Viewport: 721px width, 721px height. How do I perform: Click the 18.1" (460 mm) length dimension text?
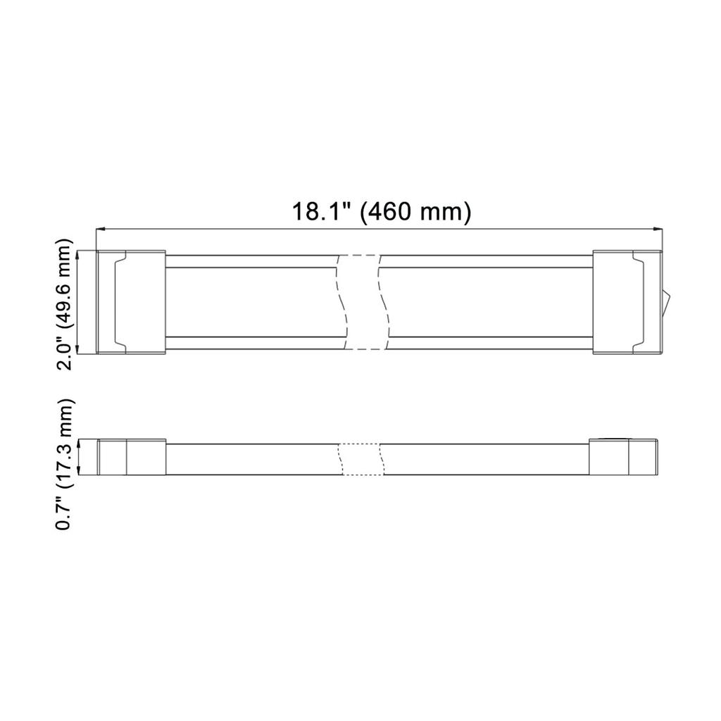[x=381, y=211]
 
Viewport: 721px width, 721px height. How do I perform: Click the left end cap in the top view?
[x=131, y=301]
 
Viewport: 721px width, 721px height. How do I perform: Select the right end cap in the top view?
[x=627, y=301]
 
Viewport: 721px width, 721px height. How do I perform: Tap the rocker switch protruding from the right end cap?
[x=665, y=301]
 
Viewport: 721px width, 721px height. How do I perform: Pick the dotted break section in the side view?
[x=362, y=458]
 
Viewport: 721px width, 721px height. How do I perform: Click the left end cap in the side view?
[x=131, y=458]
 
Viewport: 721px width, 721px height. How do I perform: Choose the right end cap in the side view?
[x=623, y=458]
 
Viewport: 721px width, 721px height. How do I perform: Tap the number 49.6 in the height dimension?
[x=65, y=284]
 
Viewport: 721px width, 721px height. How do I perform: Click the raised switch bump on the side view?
[x=610, y=439]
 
